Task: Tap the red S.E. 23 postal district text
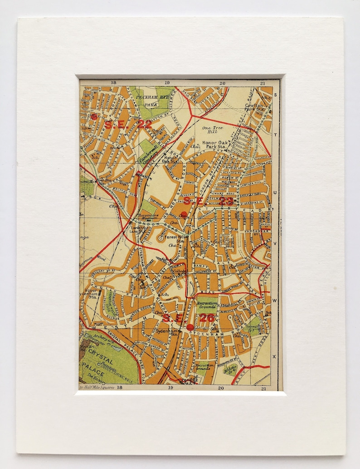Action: click(x=209, y=201)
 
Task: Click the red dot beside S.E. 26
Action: click(x=190, y=327)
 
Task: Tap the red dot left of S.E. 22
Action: click(x=94, y=116)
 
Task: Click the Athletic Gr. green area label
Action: click(x=232, y=369)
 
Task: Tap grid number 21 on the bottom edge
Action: click(x=263, y=388)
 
